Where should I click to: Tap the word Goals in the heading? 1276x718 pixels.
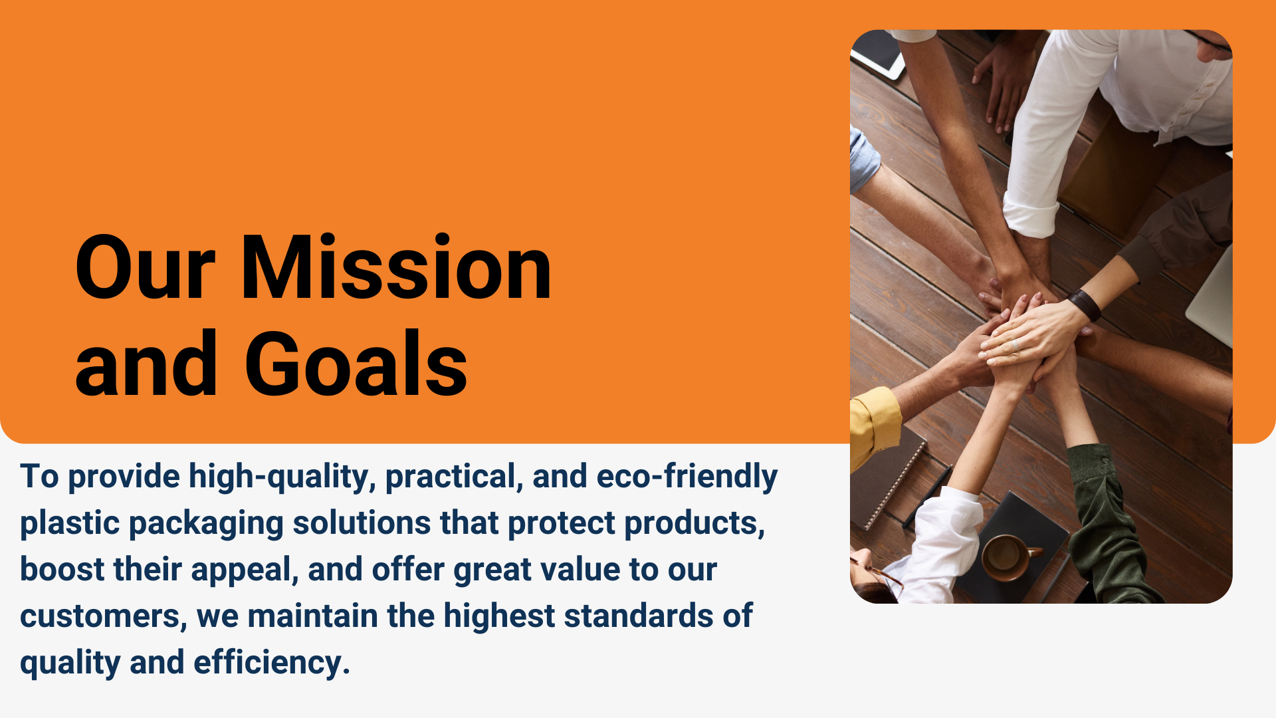tap(356, 364)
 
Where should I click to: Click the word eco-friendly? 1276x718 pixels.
tap(687, 477)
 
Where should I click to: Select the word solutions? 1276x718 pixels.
tap(362, 523)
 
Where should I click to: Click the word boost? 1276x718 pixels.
tap(62, 570)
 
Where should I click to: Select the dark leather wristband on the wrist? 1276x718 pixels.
tap(1085, 304)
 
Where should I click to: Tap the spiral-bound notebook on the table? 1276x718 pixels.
tap(887, 482)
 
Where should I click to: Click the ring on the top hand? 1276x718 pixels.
tap(1015, 344)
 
